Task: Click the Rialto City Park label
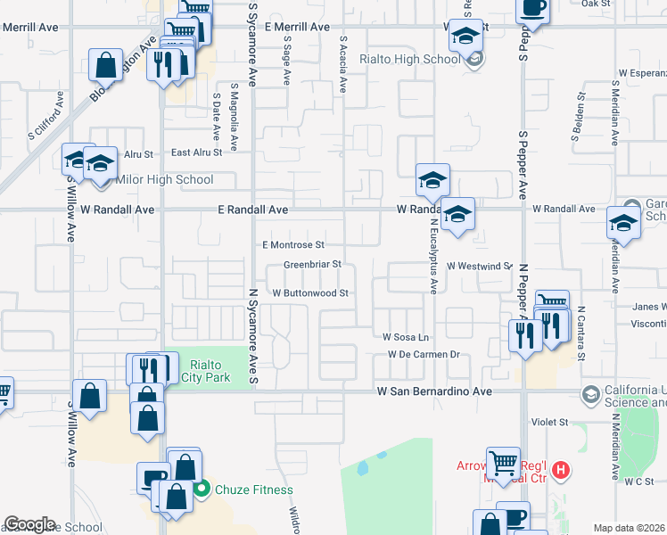[x=203, y=369]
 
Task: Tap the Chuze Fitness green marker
[x=202, y=489]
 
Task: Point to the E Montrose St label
[x=292, y=244]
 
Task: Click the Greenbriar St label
[x=313, y=265]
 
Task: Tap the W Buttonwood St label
[x=309, y=292]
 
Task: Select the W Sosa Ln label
[x=406, y=338]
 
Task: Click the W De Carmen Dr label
[x=423, y=355]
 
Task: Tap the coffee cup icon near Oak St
[x=533, y=7]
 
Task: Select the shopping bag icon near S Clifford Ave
[x=105, y=66]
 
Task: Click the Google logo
[x=29, y=524]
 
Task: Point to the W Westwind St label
[x=480, y=266]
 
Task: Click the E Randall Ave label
[x=253, y=210]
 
